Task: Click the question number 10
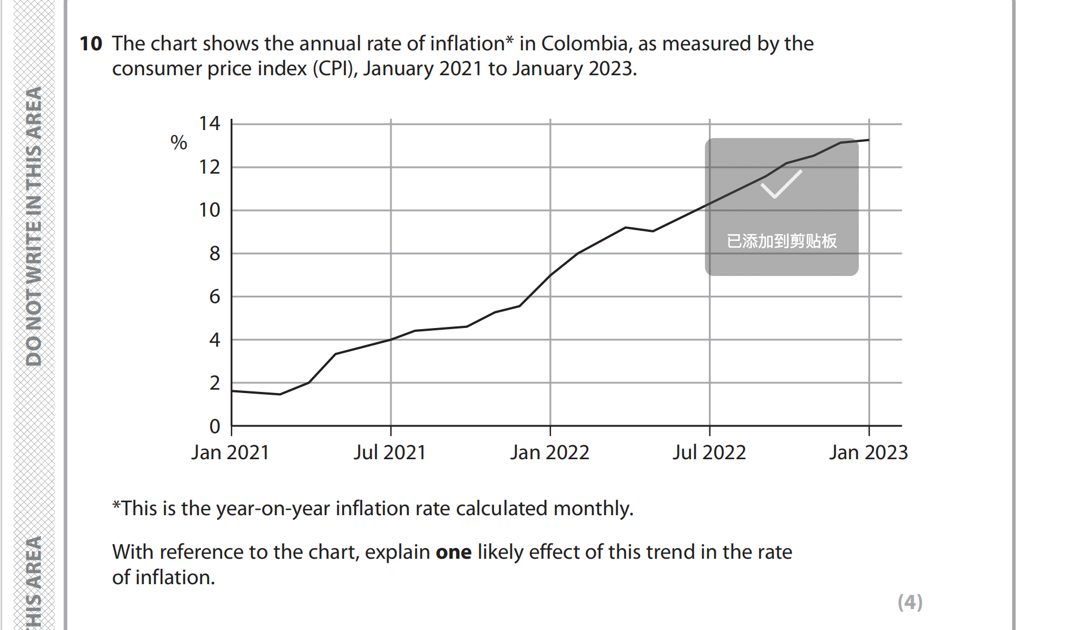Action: coord(91,44)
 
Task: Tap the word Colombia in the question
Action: coord(584,44)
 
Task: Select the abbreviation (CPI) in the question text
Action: coord(335,68)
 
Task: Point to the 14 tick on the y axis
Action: coord(209,123)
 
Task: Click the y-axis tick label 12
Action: coord(209,167)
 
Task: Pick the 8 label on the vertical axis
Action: coord(214,253)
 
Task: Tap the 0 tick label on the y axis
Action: coord(214,426)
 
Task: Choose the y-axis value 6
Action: coord(214,296)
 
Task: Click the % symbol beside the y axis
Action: coord(179,143)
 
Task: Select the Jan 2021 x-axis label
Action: coord(230,452)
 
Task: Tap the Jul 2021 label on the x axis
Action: coord(389,452)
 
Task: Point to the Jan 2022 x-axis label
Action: coord(549,452)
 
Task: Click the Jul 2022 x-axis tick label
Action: coord(709,452)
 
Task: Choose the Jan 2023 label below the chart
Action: coord(868,452)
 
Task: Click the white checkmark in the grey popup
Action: coord(781,184)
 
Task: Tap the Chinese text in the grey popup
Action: coord(781,241)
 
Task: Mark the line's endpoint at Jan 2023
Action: coord(869,140)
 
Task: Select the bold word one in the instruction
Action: coord(453,552)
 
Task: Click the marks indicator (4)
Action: coord(910,602)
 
